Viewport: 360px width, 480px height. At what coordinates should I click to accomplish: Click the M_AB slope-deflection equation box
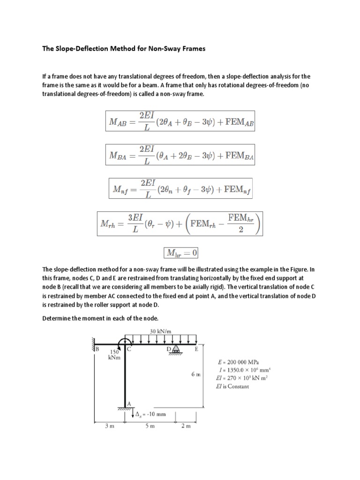(180, 121)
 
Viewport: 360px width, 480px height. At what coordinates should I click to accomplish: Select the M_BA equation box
(180, 155)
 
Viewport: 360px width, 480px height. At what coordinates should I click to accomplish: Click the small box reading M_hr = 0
(180, 253)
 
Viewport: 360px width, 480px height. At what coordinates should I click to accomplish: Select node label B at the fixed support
(97, 349)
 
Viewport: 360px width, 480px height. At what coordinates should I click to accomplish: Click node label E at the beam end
(196, 349)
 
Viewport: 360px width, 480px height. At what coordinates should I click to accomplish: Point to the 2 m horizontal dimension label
(188, 427)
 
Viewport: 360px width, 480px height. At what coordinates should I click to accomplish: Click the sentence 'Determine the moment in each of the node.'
(103, 318)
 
